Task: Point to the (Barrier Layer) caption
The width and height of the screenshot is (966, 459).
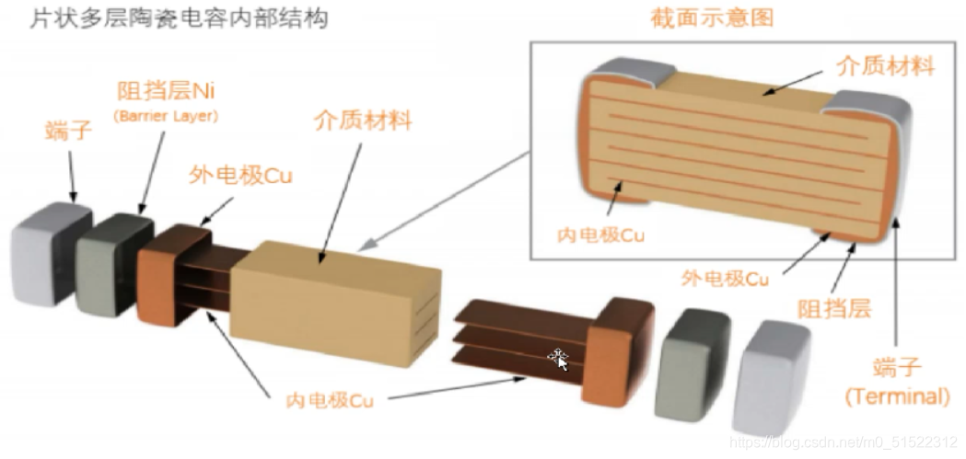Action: click(167, 116)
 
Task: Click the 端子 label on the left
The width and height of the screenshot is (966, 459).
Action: click(68, 132)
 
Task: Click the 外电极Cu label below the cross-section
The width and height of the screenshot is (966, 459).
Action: click(725, 277)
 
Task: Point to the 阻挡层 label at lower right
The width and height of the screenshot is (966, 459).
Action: click(833, 307)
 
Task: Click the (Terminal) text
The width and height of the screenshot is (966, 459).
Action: click(897, 397)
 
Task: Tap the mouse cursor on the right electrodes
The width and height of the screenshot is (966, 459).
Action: click(559, 358)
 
